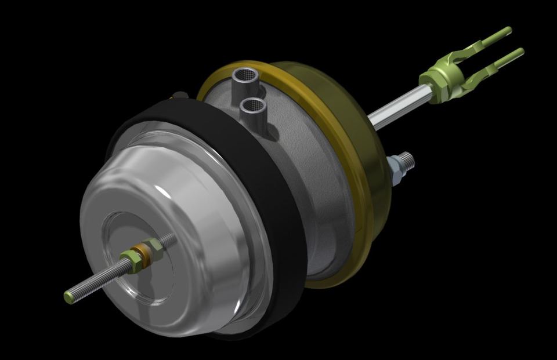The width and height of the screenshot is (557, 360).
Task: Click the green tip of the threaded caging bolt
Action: click(x=68, y=297)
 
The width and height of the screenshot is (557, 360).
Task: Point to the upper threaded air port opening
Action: click(x=244, y=74)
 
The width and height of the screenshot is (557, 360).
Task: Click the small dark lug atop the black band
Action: click(x=180, y=94)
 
